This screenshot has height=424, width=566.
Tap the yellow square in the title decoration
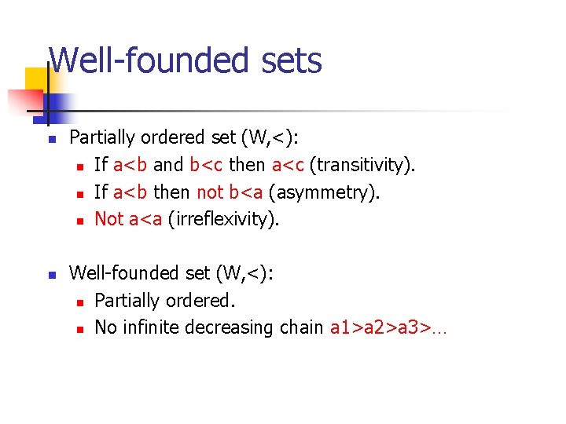coord(38,81)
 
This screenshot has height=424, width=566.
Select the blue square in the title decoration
coord(57,105)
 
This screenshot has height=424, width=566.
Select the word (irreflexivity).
coord(222,219)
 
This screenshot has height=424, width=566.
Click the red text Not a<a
coord(128,219)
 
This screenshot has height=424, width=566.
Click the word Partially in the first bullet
coord(103,137)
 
